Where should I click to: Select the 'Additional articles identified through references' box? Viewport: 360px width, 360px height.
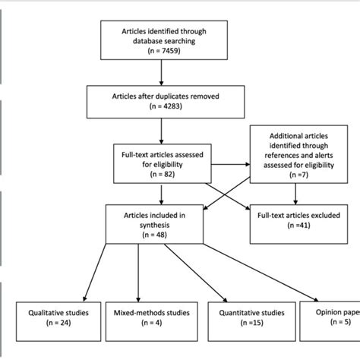[297, 157]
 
